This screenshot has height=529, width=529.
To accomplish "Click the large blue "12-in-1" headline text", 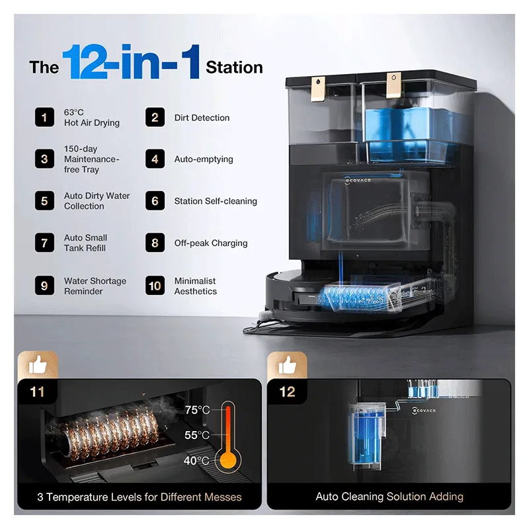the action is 131,61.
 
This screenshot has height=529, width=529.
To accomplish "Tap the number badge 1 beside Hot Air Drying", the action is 44,118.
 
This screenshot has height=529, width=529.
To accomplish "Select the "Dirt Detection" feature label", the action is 202,118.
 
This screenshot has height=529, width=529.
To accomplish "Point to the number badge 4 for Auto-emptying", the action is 155,159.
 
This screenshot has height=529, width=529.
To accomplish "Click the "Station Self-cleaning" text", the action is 216,201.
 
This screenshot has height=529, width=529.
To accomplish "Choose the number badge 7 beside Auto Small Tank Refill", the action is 44,243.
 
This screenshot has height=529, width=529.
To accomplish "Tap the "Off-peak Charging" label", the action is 211,243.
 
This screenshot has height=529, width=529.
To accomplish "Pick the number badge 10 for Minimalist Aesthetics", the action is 155,286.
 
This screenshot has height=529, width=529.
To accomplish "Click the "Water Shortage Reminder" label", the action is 95,286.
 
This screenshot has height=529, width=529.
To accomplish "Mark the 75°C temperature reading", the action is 197,410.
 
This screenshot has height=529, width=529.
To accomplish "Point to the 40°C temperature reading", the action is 196,460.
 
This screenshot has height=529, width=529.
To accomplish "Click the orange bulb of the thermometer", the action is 228,460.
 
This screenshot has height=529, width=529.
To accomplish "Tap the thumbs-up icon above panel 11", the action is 38,365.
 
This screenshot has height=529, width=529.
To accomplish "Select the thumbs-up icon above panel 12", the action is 288,365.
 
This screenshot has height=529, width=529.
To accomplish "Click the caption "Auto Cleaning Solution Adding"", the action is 389,497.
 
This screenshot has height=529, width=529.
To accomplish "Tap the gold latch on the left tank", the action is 318,89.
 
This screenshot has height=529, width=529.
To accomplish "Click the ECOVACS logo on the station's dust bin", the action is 358,181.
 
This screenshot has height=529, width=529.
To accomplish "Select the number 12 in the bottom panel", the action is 288,392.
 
